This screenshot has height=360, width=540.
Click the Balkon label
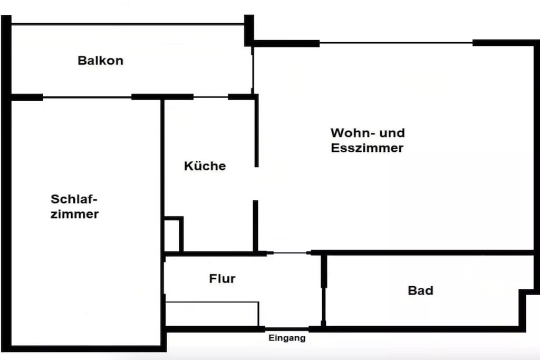point(101,61)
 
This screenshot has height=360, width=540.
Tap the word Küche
point(205,166)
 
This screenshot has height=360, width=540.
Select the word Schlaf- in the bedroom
point(74,199)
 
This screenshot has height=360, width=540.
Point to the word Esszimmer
point(367,148)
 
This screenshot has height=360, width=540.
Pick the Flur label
point(222,278)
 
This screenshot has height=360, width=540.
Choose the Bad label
point(420,290)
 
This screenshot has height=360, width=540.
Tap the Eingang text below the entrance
point(287,338)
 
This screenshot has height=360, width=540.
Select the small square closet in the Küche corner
point(181,234)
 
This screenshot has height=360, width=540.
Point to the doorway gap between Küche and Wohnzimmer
point(256,183)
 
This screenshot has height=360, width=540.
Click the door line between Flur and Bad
point(323,305)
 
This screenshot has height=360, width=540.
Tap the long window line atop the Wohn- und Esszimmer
point(396,43)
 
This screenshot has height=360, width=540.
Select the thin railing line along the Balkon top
point(128,24)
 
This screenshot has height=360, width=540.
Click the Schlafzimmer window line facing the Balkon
point(87,98)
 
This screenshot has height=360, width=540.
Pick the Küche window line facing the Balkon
point(211,97)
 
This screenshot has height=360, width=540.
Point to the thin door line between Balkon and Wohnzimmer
point(253,71)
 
